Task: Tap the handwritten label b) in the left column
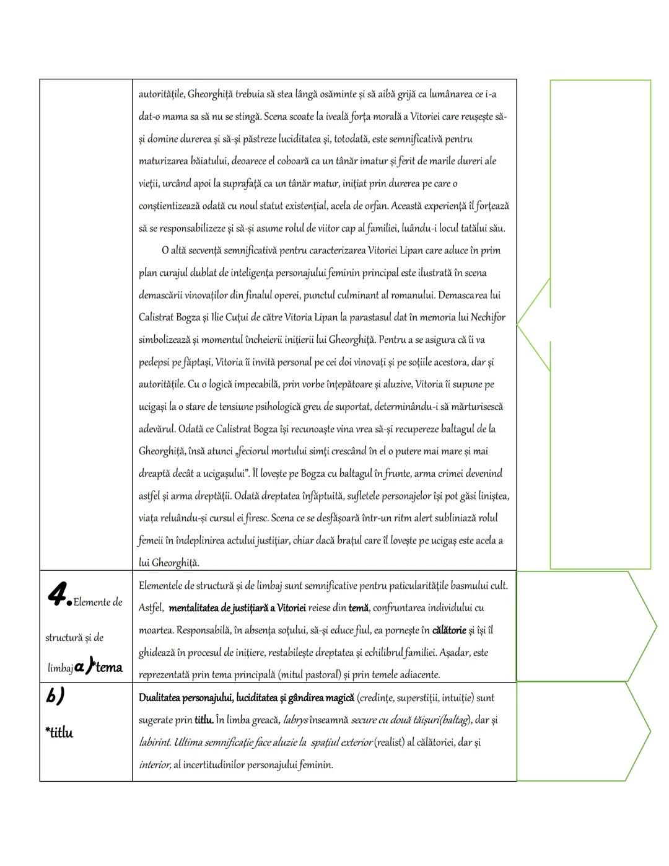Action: coord(56,696)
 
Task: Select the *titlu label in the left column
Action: coord(59,733)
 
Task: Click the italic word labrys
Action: coord(295,720)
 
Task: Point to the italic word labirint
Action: coord(154,743)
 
